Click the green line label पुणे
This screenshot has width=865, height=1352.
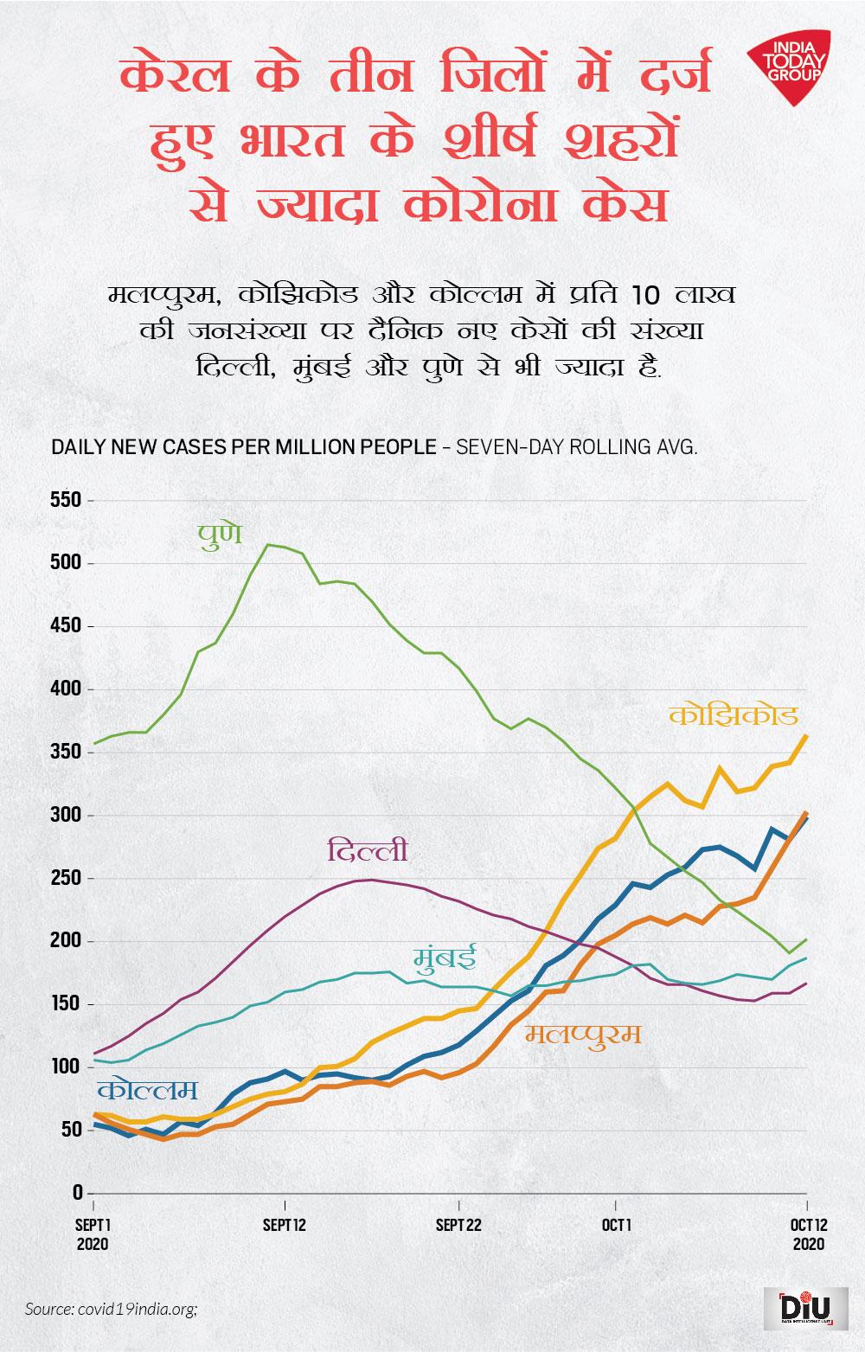click(219, 533)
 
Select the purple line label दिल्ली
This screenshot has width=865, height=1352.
click(367, 851)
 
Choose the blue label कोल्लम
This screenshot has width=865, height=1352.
click(147, 1090)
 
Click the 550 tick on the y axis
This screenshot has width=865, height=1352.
click(66, 501)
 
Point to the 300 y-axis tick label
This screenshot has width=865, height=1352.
click(66, 816)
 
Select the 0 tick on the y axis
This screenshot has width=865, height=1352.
click(77, 1193)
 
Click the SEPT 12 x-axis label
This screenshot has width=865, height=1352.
click(285, 1226)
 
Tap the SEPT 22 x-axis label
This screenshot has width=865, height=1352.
click(458, 1226)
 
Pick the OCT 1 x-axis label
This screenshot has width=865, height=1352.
click(616, 1226)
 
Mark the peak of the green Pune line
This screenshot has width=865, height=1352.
click(269, 544)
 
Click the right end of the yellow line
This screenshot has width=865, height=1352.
click(806, 736)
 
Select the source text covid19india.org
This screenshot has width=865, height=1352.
click(112, 1309)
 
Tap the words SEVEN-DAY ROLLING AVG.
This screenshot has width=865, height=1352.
click(576, 447)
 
